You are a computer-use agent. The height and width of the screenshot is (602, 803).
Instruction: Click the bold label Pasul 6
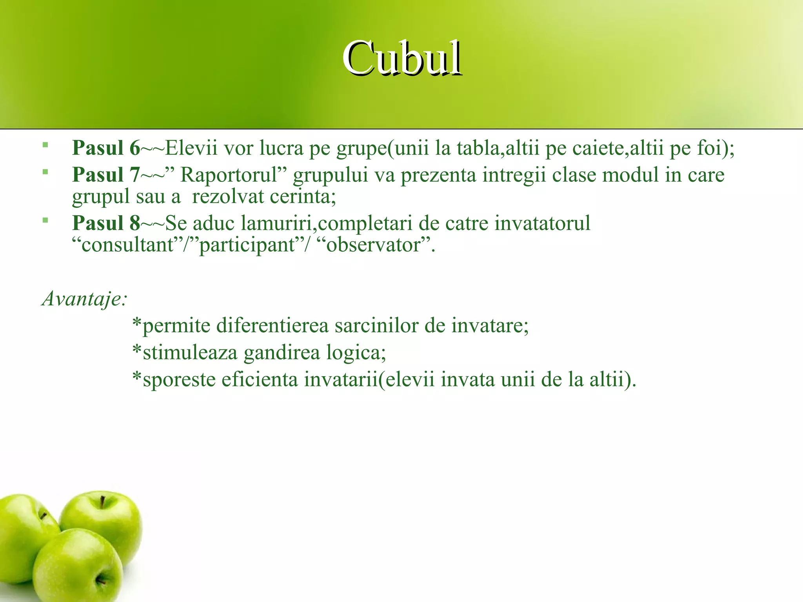pos(106,148)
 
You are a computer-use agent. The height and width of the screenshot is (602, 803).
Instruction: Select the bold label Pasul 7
pos(106,175)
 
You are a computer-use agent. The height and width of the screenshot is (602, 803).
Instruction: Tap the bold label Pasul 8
pos(106,223)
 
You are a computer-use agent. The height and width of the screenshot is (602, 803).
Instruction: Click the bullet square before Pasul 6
pos(45,145)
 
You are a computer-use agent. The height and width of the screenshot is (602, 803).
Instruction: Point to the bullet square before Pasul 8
pos(45,220)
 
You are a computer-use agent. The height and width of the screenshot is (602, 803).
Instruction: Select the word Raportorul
pos(229,175)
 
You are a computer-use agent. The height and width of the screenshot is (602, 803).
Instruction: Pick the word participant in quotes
pos(247,245)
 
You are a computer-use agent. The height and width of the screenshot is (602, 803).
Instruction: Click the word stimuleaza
pos(190,352)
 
